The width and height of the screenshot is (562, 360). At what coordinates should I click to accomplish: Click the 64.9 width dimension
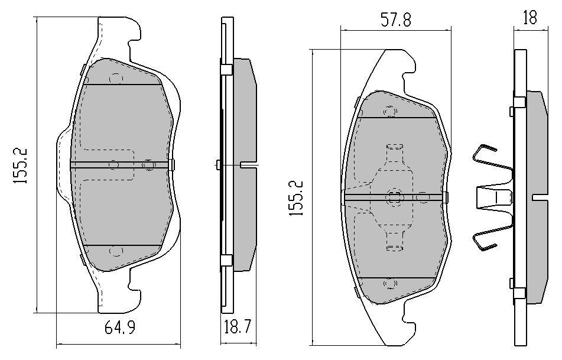(x=120, y=327)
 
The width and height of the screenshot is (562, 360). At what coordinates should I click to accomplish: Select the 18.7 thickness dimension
(x=238, y=327)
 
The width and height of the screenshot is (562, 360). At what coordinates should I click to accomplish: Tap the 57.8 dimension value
(x=396, y=20)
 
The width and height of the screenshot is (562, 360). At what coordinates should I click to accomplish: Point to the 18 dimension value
(x=530, y=17)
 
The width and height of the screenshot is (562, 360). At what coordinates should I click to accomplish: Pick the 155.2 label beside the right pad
(x=297, y=198)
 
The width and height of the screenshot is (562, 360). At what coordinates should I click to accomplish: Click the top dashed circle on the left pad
(x=116, y=79)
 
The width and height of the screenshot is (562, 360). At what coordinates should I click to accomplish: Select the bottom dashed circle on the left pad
(x=116, y=251)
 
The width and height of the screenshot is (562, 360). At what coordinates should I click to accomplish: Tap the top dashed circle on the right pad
(x=390, y=112)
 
